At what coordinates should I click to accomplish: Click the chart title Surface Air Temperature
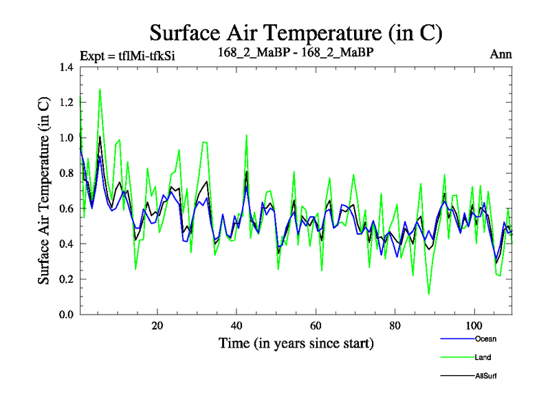click(x=296, y=32)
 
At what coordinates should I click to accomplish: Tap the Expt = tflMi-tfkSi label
click(x=127, y=56)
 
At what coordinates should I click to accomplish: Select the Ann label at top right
click(x=500, y=54)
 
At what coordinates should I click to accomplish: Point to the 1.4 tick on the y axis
click(x=67, y=67)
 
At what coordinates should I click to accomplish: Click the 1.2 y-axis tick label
click(x=67, y=103)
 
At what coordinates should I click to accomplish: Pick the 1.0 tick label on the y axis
click(x=67, y=138)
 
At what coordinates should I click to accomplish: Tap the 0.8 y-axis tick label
click(x=67, y=173)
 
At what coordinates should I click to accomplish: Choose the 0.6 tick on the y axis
click(x=67, y=209)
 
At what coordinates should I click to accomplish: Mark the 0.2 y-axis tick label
click(x=67, y=279)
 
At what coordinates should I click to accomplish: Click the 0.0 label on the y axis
click(x=67, y=315)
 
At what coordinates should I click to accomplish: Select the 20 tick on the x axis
click(x=157, y=326)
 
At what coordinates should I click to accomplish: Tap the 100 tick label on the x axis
click(x=474, y=326)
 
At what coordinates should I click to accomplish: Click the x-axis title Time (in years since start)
click(x=296, y=343)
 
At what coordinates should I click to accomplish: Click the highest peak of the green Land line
click(x=100, y=89)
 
